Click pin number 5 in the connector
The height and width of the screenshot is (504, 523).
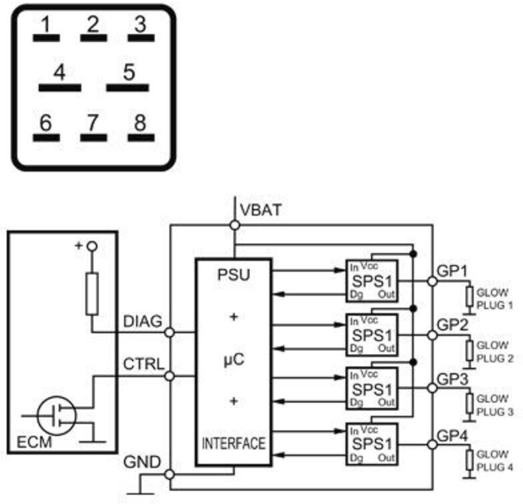coord(129,72)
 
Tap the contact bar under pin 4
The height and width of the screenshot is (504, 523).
coord(60,88)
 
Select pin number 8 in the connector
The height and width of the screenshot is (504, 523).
coord(140,122)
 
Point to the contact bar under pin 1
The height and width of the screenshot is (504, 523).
coord(47,38)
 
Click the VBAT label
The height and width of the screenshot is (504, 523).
coord(261,210)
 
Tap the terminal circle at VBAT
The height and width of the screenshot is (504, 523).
coord(235,226)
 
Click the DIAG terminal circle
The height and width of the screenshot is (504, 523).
coord(169,332)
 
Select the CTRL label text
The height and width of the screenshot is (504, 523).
coord(144,364)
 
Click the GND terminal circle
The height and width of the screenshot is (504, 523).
coord(169,474)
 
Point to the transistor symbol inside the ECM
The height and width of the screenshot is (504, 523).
coord(57,415)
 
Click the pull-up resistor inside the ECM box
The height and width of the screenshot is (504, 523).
coord(92,294)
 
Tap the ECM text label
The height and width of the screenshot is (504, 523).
coord(35,443)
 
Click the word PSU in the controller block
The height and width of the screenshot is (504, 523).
coord(233,275)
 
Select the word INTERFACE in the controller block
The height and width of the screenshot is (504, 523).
coord(233,443)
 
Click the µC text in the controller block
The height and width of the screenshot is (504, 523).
coord(233,359)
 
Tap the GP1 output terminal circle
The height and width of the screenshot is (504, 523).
coord(432,282)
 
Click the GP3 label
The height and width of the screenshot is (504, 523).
coord(452,379)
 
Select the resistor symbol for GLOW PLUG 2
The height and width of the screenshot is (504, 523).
coord(470,350)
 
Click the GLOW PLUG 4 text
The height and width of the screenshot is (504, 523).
coord(495,461)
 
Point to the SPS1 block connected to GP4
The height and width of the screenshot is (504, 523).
coord(372,444)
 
